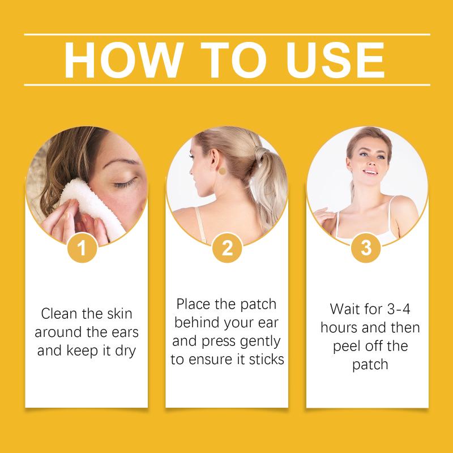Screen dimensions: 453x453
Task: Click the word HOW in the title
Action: pos(123,60)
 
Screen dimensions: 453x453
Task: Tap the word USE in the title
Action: pos(335,60)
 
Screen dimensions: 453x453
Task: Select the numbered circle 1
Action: pos(82,248)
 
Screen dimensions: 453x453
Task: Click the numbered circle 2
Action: pos(227,248)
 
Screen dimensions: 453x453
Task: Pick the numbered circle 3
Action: pos(366,248)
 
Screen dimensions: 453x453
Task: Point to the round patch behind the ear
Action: pos(222,172)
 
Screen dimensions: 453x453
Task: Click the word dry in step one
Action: pos(125,351)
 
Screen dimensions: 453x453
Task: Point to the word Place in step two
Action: pos(194,304)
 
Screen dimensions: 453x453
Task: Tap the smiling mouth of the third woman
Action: pos(370,173)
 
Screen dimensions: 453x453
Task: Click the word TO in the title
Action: pos(233,60)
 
